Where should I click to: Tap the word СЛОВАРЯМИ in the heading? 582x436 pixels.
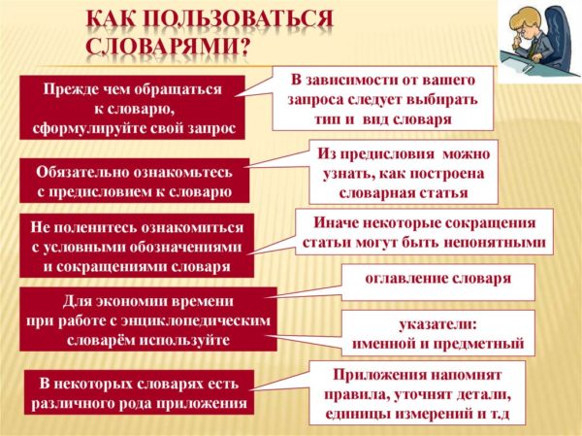pyautogui.click(x=168, y=48)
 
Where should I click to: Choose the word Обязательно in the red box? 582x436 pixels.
pyautogui.click(x=81, y=172)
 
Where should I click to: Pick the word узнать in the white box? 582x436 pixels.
pyautogui.click(x=344, y=174)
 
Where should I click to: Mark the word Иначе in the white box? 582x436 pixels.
pyautogui.click(x=335, y=222)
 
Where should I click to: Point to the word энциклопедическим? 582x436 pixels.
pyautogui.click(x=196, y=320)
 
